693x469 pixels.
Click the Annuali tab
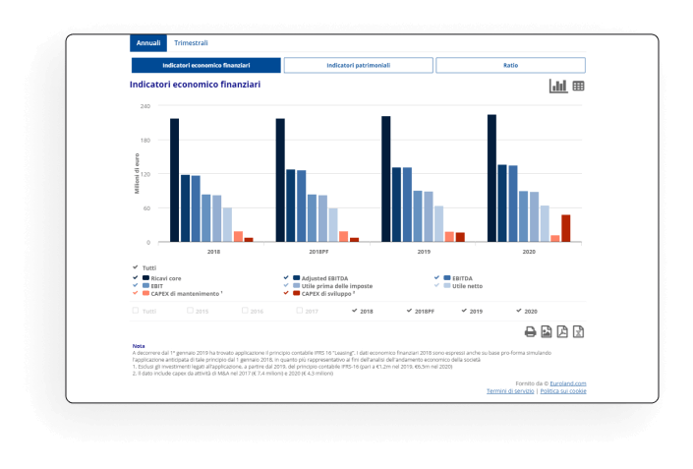[148, 43]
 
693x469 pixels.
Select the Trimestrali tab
[191, 43]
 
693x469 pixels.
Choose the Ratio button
[510, 65]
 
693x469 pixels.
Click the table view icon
[579, 87]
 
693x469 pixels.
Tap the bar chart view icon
[557, 87]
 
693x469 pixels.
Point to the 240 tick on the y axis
[145, 105]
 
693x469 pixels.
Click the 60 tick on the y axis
[145, 208]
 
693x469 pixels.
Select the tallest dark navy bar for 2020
[491, 178]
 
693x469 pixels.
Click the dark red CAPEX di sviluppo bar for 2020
[565, 228]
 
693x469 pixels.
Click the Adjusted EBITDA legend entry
[324, 278]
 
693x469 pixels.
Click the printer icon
[530, 331]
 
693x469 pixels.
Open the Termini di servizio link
[510, 391]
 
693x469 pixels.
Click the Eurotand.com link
[568, 383]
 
